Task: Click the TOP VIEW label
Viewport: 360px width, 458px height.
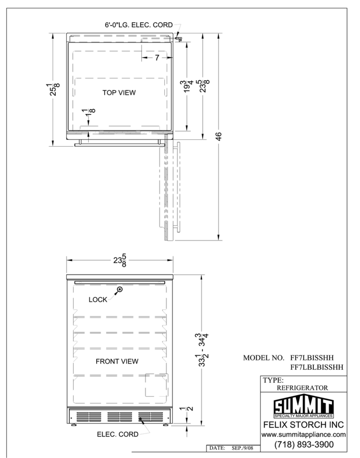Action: [119, 93]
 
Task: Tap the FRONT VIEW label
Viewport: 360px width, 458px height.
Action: [117, 361]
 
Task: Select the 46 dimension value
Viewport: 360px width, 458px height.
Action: [219, 136]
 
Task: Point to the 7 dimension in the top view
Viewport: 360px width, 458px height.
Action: [157, 58]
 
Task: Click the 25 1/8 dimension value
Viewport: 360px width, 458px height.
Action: [53, 89]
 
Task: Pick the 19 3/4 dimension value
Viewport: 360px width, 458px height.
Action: [187, 86]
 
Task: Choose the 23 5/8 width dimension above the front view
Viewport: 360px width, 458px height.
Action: [120, 260]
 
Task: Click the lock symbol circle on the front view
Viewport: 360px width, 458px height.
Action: [119, 290]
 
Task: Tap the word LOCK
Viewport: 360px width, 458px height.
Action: [98, 300]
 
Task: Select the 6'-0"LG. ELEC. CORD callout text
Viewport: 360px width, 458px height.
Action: [139, 25]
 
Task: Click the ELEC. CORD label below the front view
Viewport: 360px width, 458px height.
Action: [118, 434]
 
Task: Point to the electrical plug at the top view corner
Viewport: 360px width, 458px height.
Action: [178, 38]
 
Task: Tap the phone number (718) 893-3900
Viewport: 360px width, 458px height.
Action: [303, 445]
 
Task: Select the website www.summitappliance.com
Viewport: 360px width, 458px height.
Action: [303, 435]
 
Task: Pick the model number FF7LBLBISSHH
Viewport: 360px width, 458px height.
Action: [317, 367]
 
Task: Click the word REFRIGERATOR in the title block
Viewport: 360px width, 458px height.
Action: [303, 388]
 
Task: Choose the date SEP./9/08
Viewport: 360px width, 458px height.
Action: [242, 448]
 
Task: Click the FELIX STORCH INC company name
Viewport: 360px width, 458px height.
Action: [303, 425]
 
